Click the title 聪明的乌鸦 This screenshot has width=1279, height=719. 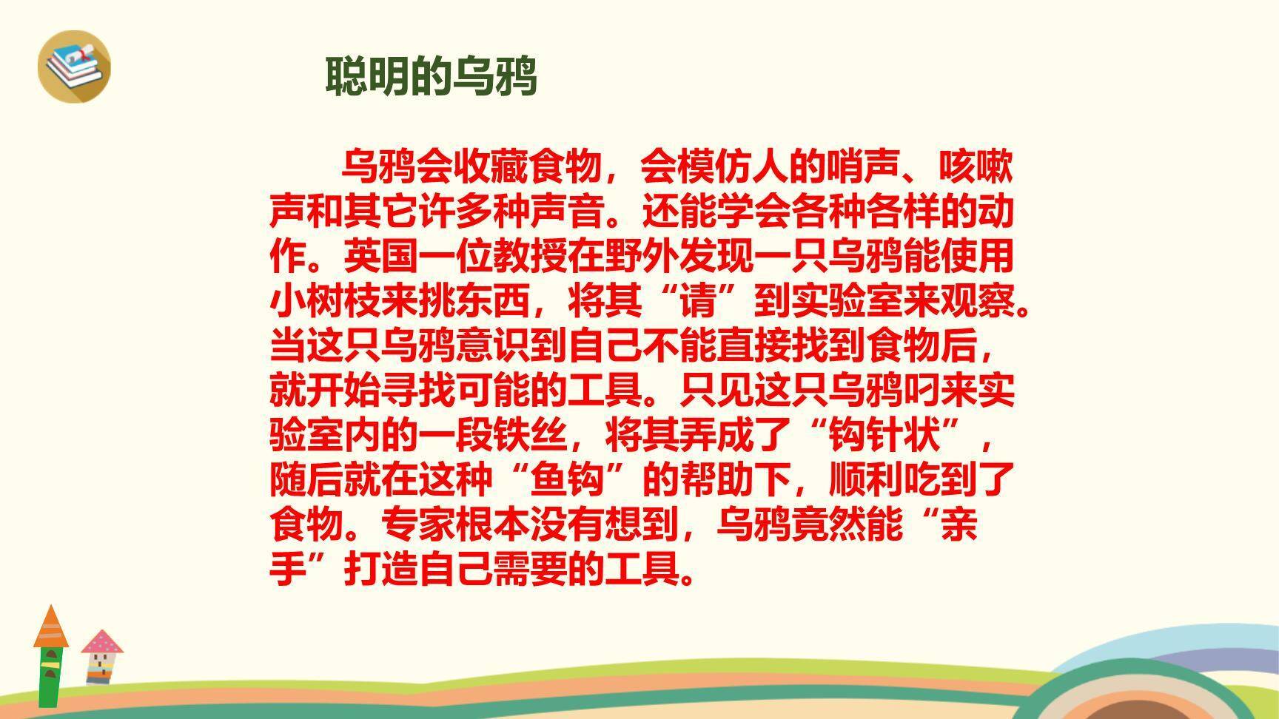(x=431, y=76)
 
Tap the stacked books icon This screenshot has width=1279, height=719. (x=74, y=65)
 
